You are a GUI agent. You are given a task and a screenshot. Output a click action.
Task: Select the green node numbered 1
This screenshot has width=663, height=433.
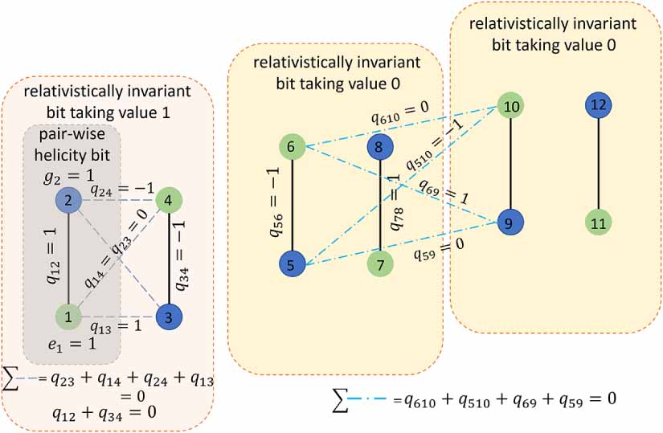tap(69, 317)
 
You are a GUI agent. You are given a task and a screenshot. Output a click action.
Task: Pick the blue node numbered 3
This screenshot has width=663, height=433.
tap(169, 317)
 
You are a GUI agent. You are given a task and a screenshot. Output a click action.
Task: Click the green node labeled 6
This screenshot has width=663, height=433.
tap(292, 148)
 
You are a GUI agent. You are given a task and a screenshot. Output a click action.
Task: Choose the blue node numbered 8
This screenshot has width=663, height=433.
tap(379, 147)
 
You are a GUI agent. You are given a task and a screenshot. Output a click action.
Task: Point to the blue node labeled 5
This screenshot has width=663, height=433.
tap(292, 263)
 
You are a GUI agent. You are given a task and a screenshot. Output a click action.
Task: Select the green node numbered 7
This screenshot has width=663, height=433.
tap(379, 263)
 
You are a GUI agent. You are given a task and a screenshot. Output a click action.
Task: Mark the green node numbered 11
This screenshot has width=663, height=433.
tap(598, 223)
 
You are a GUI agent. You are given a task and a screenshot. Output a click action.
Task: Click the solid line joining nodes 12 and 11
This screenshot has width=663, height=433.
tap(598, 164)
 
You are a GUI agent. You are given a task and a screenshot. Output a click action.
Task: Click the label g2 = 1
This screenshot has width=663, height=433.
tap(69, 174)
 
